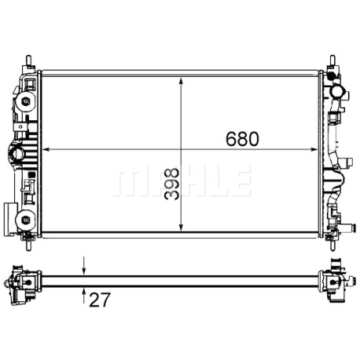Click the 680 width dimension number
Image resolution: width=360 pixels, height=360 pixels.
coord(242,139)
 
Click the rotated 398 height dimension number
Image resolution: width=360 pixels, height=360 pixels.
coord(172,184)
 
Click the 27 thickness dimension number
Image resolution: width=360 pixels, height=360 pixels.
coord(100,299)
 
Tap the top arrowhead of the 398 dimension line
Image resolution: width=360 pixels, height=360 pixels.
coord(181,81)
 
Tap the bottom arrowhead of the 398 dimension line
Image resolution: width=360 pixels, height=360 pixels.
coord(181,227)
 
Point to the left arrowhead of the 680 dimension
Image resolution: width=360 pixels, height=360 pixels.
coord(46,149)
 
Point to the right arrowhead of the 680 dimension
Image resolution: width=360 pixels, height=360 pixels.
coord(314,149)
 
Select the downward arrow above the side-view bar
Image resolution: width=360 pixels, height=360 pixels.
coord(84,266)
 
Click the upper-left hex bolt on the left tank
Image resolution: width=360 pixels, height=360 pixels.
coord(25,101)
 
